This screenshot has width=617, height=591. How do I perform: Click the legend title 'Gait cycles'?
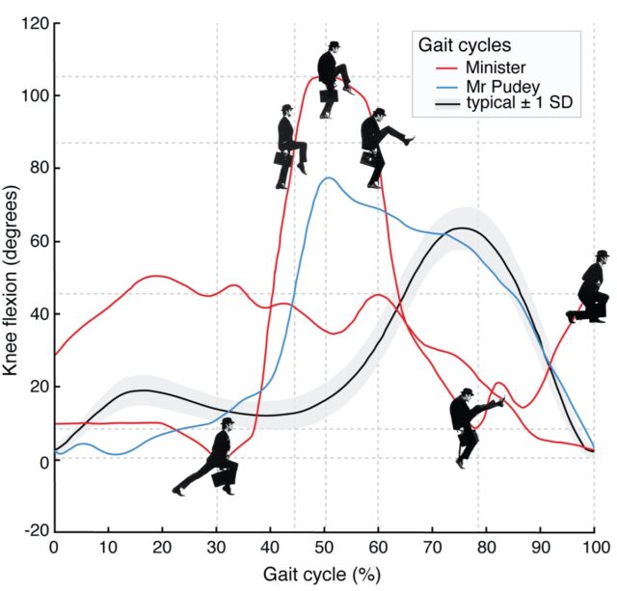click(464, 45)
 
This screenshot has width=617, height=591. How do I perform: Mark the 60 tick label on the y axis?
click(37, 240)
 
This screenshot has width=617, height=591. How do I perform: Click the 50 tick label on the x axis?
click(324, 547)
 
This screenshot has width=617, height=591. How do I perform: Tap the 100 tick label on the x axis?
click(594, 547)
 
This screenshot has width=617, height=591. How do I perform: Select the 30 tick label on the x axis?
click(216, 547)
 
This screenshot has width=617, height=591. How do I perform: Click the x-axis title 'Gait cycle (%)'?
click(323, 574)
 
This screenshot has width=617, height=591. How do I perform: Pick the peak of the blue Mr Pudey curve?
click(328, 178)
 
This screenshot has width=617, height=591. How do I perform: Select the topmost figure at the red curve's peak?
click(333, 79)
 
